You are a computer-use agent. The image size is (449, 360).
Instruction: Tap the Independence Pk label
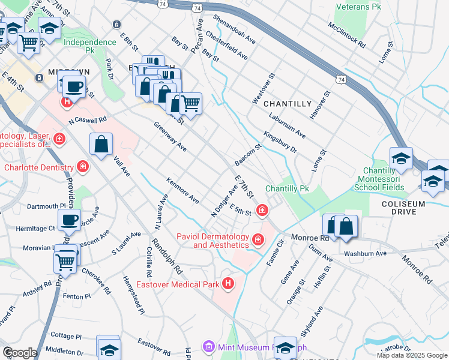(89, 43)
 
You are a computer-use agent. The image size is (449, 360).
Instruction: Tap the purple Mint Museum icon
(208, 347)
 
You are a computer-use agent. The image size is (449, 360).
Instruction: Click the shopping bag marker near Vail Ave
(101, 145)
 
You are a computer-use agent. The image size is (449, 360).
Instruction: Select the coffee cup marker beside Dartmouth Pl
(70, 220)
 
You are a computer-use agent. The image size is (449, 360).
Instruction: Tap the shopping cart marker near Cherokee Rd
(65, 260)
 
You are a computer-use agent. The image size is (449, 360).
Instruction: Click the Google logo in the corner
(19, 352)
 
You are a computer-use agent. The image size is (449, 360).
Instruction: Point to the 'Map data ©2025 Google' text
(412, 355)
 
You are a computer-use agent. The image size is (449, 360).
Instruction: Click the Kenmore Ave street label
(182, 190)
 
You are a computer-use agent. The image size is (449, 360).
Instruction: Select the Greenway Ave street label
(170, 137)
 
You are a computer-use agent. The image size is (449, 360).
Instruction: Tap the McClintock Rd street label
(346, 35)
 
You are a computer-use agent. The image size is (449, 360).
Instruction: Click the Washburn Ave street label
(365, 254)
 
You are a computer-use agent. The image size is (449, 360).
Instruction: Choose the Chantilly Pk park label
(287, 188)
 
